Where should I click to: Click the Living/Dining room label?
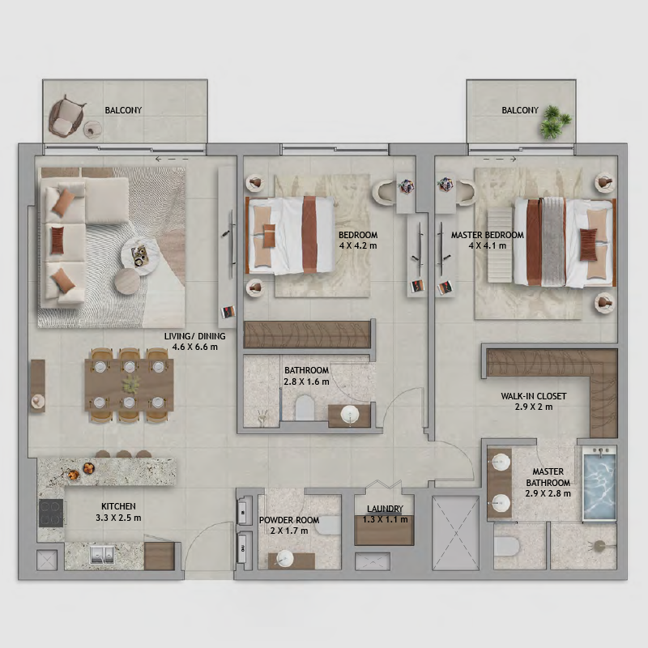[x=194, y=341]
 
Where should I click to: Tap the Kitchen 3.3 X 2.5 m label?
[x=118, y=512]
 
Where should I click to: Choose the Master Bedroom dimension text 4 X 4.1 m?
[x=488, y=245]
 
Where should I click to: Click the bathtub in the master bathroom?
[x=599, y=484]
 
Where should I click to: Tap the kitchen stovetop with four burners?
[x=51, y=513]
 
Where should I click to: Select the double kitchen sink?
[x=102, y=555]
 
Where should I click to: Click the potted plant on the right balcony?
[x=555, y=121]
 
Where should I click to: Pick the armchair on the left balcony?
[x=66, y=117]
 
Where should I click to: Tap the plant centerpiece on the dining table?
[x=130, y=384]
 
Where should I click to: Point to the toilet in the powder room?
[x=330, y=525]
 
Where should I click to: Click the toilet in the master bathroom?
[x=507, y=547]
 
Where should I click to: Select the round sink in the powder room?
[x=285, y=559]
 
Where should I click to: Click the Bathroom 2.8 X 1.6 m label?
[x=307, y=376]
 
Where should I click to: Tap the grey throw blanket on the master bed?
[x=553, y=241]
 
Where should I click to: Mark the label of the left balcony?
[x=123, y=110]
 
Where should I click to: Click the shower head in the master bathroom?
[x=598, y=545]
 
